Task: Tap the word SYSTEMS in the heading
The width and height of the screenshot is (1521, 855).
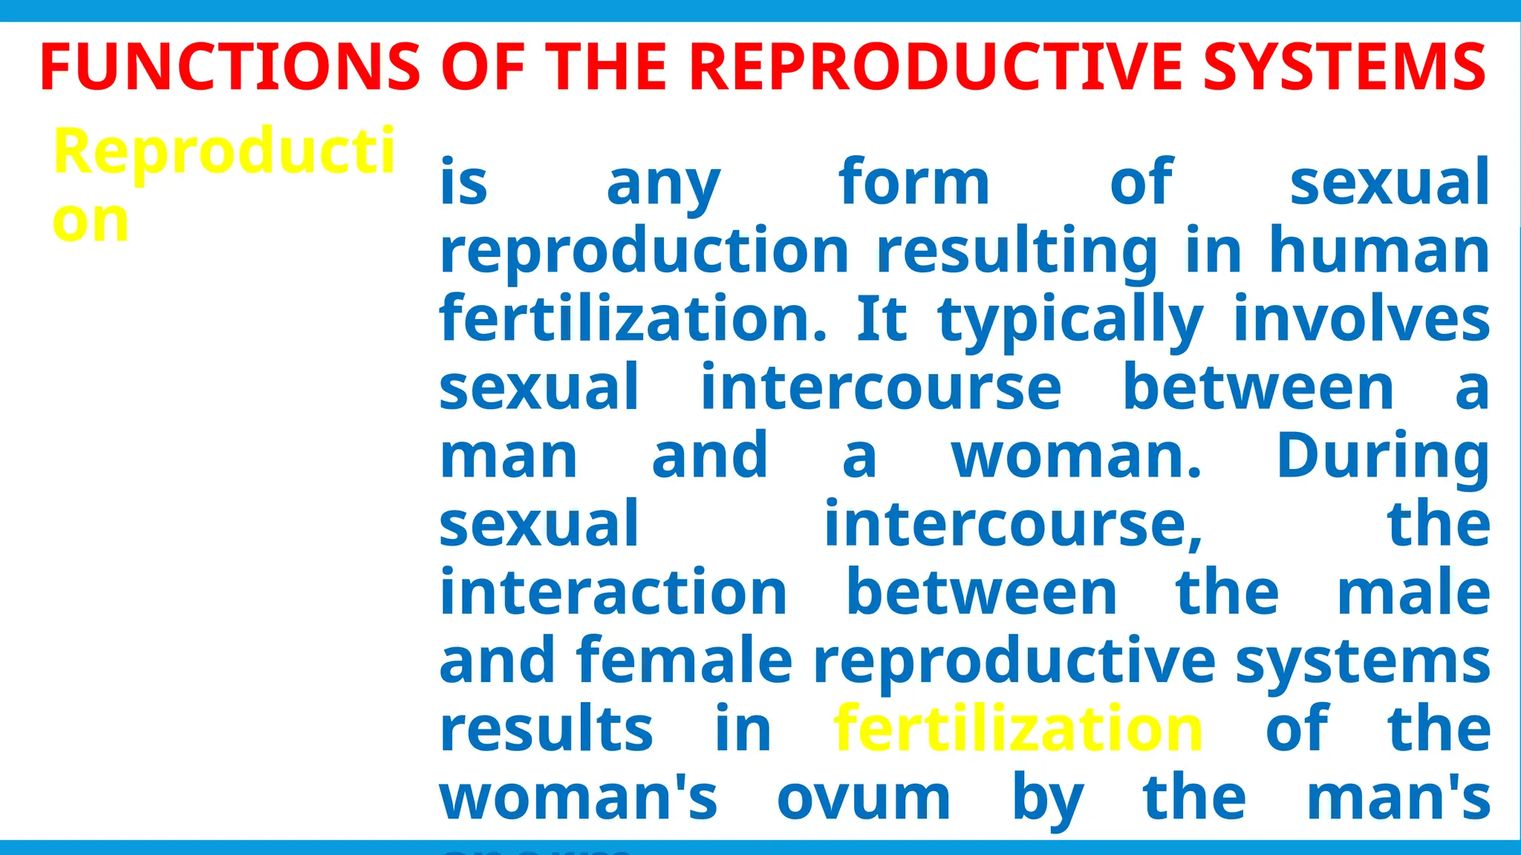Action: click(x=1344, y=67)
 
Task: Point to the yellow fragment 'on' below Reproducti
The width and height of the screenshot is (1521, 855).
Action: click(x=91, y=221)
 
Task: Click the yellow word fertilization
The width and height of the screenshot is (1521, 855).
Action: click(x=1018, y=729)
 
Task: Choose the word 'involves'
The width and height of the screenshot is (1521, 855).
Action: click(x=1361, y=319)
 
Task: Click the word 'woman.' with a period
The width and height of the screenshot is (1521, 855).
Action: click(x=1076, y=456)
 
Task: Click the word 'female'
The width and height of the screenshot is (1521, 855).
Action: click(x=684, y=661)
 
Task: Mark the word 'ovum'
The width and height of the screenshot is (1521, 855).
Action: click(x=864, y=799)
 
